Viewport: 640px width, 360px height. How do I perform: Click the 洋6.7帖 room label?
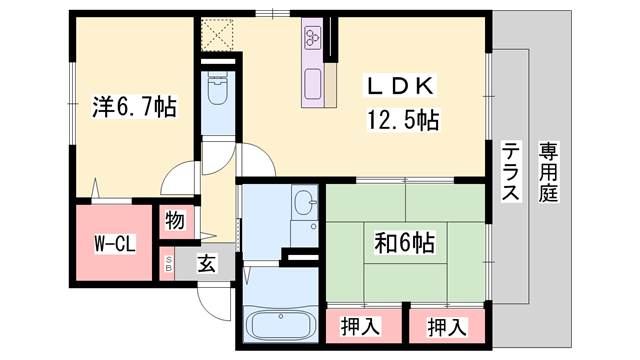tap(135, 106)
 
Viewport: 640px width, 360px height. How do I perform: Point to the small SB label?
tap(169, 265)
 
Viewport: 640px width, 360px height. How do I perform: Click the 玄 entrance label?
tap(206, 265)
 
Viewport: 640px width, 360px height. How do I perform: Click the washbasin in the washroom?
tap(306, 207)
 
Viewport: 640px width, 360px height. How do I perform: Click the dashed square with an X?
tap(216, 35)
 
